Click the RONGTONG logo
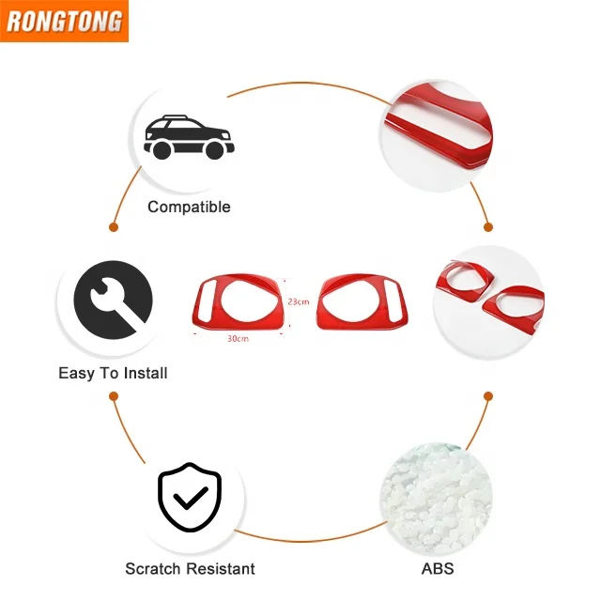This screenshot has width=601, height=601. point(63,22)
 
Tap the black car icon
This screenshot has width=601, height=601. point(188,136)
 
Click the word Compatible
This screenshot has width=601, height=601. point(189,207)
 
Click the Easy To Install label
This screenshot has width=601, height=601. point(113,373)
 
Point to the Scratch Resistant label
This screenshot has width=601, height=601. point(190,568)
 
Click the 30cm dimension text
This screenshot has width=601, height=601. point(237,338)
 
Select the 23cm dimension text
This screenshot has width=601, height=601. point(299,301)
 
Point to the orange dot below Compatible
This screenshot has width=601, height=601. point(114,226)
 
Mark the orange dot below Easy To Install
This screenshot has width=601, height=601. point(114,396)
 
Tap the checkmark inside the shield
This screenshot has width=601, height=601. point(190,498)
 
